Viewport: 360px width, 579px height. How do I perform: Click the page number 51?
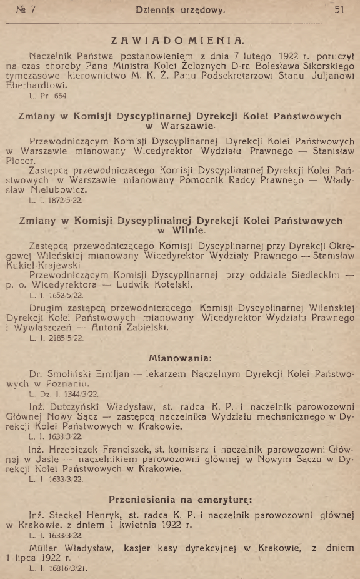pos(340,10)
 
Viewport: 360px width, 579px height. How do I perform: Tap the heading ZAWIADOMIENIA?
pos(177,41)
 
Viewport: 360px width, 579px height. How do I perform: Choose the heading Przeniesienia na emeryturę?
pos(180,500)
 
